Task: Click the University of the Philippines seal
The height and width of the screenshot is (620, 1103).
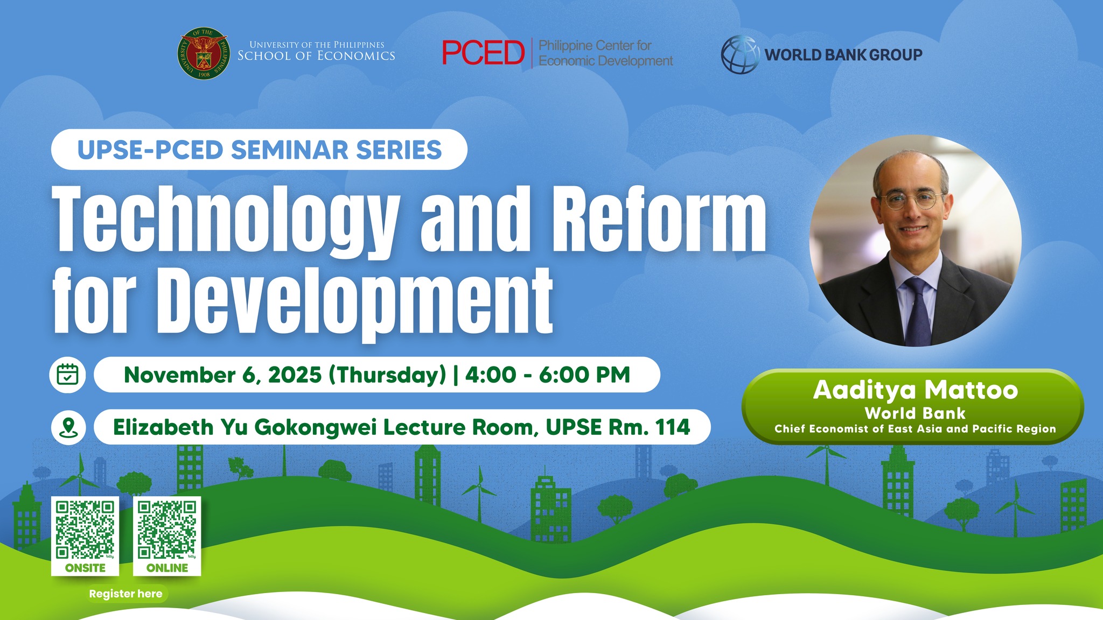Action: (204, 54)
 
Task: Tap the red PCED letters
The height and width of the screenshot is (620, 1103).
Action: (483, 53)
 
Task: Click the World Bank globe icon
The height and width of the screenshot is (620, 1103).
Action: (740, 54)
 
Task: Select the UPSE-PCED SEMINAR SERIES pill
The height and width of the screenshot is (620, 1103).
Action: (259, 150)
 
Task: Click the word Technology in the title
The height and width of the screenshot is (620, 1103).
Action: (226, 221)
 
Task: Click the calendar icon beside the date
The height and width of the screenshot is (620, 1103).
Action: (67, 375)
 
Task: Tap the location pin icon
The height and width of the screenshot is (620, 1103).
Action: (68, 427)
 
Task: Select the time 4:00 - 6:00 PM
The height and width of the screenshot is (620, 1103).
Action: (547, 375)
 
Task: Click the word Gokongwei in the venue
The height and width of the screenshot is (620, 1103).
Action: (315, 427)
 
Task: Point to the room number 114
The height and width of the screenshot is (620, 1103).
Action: (673, 427)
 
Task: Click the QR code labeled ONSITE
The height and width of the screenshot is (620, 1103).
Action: (85, 530)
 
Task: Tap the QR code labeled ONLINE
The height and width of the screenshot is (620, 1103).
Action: (167, 530)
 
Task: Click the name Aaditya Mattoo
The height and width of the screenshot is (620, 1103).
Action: (915, 390)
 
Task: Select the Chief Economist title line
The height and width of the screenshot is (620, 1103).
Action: (915, 429)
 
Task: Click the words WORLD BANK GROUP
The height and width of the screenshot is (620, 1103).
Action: (843, 55)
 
